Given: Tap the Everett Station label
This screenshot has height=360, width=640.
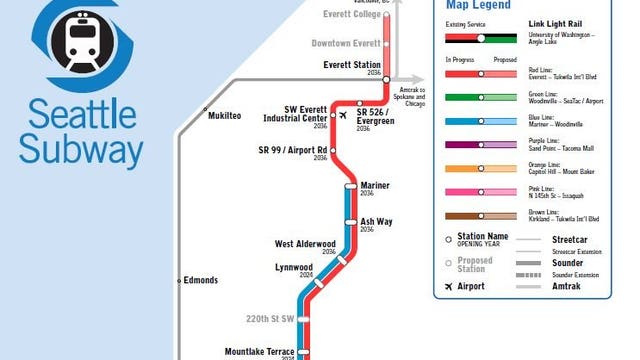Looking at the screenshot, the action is [x=352, y=66].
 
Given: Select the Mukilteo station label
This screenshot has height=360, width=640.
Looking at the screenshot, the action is [x=225, y=116].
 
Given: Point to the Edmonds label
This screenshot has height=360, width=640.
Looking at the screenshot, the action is [x=200, y=280].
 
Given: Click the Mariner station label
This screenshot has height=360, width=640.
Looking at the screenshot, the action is [x=375, y=185].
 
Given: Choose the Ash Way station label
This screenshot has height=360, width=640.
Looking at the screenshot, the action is [x=376, y=221].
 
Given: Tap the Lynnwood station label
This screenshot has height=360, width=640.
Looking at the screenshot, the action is [x=294, y=267].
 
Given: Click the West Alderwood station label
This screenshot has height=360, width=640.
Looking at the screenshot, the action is [x=305, y=243].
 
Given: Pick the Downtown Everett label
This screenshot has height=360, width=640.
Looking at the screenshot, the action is [x=346, y=43].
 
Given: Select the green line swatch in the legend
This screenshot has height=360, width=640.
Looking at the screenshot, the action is [x=480, y=96].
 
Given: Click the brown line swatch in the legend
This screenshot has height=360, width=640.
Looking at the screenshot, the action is [x=480, y=216].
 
